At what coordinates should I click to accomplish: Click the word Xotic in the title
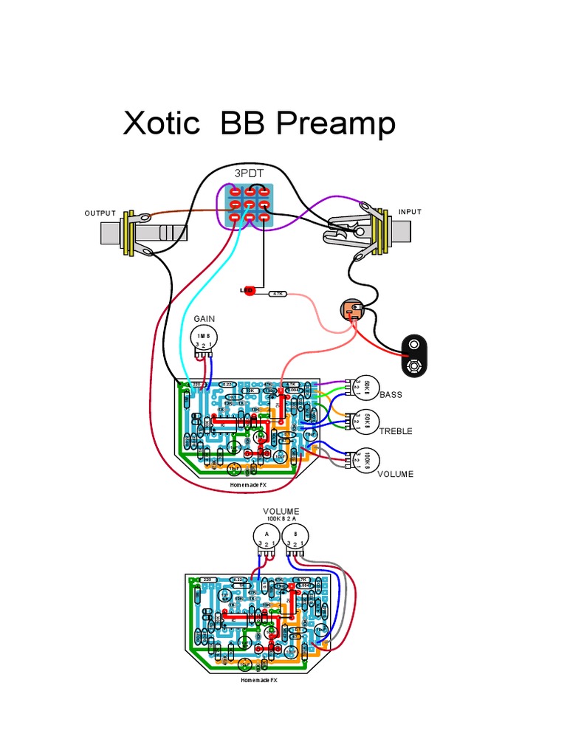point(161,124)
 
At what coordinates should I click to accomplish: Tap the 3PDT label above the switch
point(249,173)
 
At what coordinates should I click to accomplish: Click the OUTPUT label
point(100,213)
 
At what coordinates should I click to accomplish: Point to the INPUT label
point(410,212)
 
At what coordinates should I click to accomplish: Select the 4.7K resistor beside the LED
point(278,294)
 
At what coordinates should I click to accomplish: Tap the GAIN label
point(205,318)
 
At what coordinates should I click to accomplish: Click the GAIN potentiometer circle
point(204,338)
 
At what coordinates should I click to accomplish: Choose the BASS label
point(391,395)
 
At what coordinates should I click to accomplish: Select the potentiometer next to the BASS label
point(366,386)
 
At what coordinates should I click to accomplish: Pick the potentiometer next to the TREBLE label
point(366,420)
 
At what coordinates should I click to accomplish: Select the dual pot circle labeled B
point(295,535)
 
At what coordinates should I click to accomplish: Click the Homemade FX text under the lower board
point(258,681)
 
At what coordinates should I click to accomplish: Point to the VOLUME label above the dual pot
point(281,511)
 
